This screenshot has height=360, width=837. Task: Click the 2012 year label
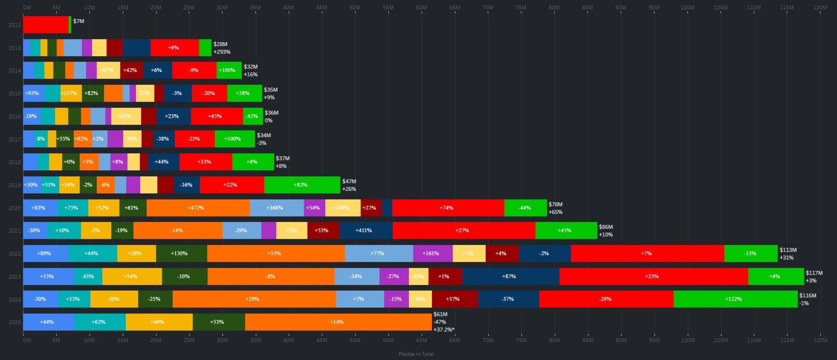point(14,25)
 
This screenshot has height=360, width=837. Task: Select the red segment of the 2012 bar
point(46,25)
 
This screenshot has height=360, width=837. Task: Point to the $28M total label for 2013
point(220,44)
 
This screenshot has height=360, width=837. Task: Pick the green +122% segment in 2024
point(735,299)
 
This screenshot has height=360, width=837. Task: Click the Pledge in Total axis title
point(416,354)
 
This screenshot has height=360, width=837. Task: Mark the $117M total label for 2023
point(814,273)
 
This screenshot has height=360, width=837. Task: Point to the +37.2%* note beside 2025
point(444,329)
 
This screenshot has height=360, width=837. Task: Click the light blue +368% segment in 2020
point(277,208)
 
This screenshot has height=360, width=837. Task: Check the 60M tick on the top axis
point(422,7)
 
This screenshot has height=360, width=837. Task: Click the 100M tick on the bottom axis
point(687,340)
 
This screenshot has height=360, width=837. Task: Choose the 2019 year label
point(14,185)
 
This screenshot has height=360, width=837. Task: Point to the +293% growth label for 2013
point(222,52)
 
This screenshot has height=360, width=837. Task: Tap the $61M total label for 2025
point(440,314)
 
